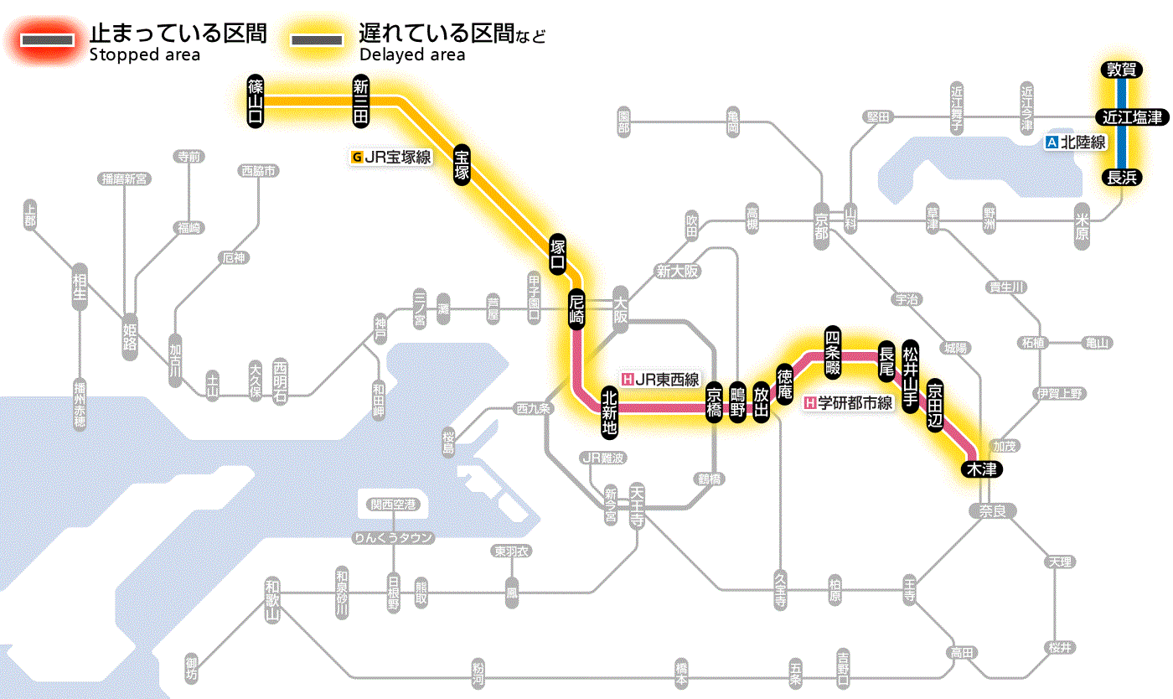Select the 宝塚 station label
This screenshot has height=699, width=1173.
pos(462,163)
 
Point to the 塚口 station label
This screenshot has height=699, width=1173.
pos(557,255)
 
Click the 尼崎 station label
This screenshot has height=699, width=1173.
pos(576,310)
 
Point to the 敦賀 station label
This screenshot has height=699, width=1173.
pos(1121,70)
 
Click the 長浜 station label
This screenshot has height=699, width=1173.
pos(1121,177)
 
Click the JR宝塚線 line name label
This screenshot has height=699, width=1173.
pos(392,156)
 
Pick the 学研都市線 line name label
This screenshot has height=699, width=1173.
pos(849,403)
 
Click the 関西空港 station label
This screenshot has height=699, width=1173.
pos(393,505)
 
